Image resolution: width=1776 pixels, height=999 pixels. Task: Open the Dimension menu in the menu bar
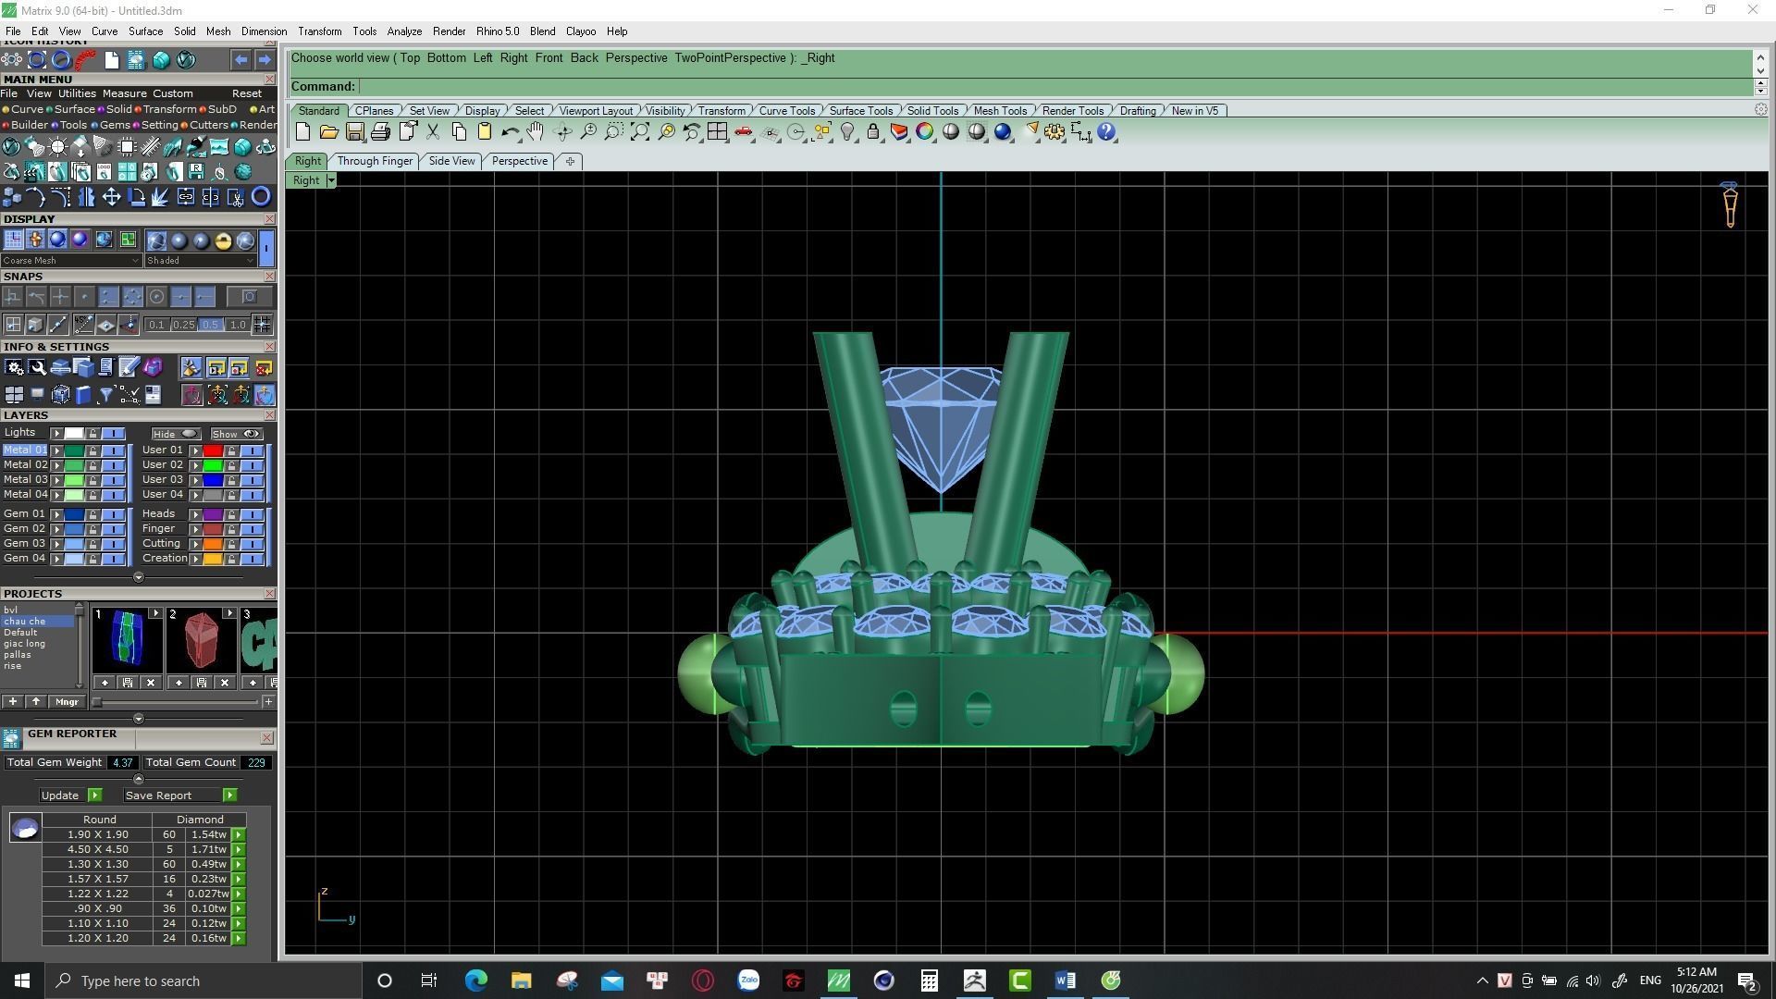264,31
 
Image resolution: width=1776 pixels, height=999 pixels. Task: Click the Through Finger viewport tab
375,161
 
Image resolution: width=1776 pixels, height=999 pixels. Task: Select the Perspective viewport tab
519,161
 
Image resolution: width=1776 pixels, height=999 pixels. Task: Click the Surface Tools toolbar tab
860,111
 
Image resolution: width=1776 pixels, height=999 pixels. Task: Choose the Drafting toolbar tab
1137,111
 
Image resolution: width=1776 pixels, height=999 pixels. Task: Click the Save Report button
159,795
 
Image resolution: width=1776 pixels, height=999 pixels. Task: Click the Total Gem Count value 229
255,763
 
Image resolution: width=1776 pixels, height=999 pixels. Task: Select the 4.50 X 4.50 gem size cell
98,849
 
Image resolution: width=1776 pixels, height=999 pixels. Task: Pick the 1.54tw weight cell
208,834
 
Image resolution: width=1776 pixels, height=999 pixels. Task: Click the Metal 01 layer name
25,450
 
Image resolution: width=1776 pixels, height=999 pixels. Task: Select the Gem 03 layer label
25,544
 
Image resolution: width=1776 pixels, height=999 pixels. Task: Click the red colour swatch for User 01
213,450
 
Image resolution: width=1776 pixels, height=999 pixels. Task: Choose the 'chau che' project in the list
25,622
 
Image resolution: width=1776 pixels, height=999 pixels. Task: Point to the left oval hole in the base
903,709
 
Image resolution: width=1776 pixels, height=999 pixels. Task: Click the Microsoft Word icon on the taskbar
1065,980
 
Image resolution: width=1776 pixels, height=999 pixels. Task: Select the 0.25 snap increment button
184,325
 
